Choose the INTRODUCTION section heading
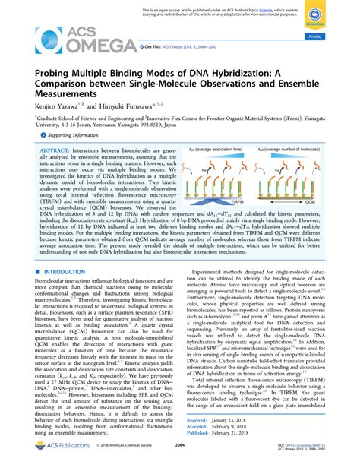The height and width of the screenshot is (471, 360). pyautogui.click(x=63, y=271)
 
